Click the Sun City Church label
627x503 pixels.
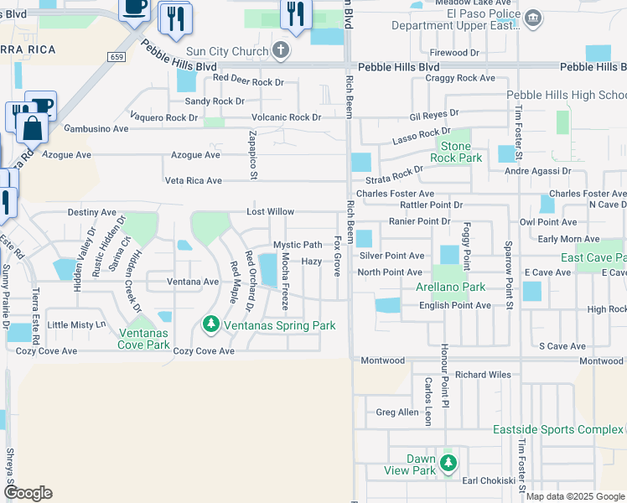pos(228,52)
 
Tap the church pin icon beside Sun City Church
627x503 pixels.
pos(281,51)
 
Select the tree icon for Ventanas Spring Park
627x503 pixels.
pos(212,324)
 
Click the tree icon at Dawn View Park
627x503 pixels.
pos(448,463)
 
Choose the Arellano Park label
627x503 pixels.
pos(451,287)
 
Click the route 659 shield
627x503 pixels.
pos(117,55)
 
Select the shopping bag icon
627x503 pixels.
pos(33,128)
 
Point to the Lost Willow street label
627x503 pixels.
pos(269,212)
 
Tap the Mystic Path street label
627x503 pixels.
pos(298,245)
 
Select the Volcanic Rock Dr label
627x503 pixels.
pos(281,117)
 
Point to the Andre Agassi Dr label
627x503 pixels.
pos(542,171)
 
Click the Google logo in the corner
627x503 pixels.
pos(28,493)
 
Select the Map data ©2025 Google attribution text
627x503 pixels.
pos(574,496)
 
